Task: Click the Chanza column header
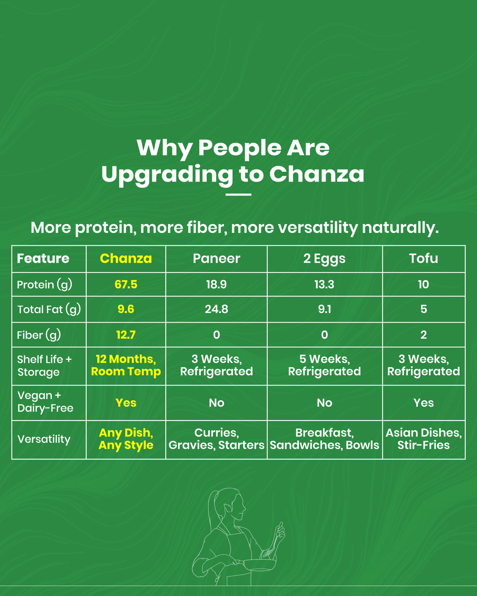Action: (126, 258)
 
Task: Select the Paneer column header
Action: (216, 258)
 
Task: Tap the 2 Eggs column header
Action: (324, 258)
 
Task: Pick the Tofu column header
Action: (423, 258)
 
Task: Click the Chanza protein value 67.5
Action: (126, 284)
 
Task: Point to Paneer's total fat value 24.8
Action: (216, 309)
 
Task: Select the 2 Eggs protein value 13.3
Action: (324, 284)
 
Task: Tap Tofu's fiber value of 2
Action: (423, 335)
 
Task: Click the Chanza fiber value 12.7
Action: (126, 335)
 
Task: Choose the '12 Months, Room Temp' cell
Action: (126, 366)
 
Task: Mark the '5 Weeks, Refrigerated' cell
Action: (324, 366)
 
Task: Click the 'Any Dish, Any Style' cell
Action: (126, 439)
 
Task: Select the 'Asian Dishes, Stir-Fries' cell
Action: (423, 439)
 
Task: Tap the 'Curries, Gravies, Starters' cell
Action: (216, 439)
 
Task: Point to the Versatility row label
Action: (44, 439)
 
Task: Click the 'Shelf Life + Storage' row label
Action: (44, 366)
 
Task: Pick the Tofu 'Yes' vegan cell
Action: (423, 403)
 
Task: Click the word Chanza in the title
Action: (316, 175)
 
